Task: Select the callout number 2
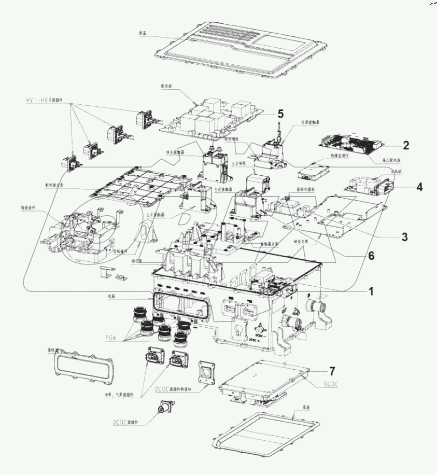pos(407,145)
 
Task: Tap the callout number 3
pos(403,237)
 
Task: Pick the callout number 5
pos(280,113)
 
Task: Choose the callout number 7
pos(332,371)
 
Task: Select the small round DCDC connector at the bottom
pos(165,411)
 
